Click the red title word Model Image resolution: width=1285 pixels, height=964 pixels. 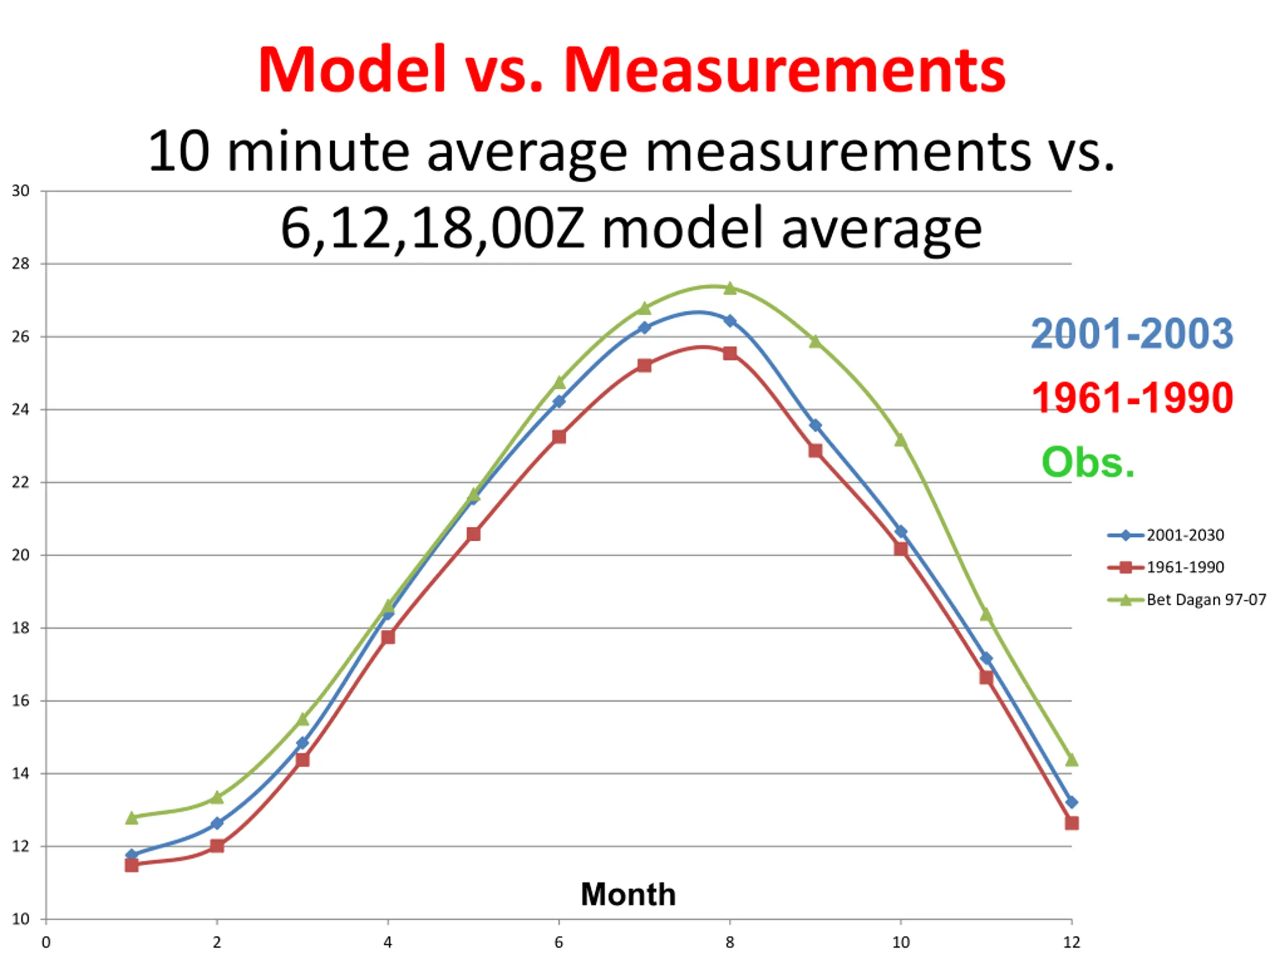[x=352, y=69]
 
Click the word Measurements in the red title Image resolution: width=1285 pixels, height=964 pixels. [x=785, y=70]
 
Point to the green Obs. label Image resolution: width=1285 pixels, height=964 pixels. [x=1088, y=462]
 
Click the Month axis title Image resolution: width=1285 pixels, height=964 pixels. [x=628, y=894]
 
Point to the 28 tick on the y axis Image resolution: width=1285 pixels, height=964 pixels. [x=21, y=264]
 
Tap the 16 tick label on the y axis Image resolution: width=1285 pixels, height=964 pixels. [x=21, y=701]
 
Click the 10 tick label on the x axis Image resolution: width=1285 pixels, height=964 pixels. [x=901, y=942]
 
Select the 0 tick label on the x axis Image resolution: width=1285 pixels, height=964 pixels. [x=46, y=942]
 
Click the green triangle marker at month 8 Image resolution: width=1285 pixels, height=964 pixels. [x=730, y=288]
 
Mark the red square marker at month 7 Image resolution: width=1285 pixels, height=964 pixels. [x=644, y=366]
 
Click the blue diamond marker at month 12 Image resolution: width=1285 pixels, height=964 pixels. [x=1072, y=802]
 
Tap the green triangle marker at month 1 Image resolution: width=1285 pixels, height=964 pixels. [x=132, y=817]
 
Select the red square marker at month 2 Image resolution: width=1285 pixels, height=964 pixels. [x=217, y=846]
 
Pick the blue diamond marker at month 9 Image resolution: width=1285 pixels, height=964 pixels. [x=815, y=425]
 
